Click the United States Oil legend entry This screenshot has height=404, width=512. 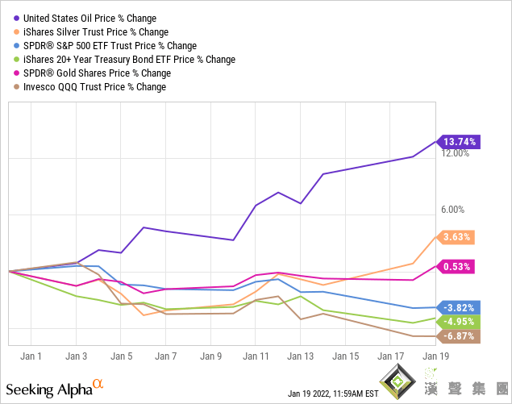click(90, 18)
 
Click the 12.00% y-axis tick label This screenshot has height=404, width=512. click(456, 153)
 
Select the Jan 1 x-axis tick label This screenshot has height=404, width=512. click(31, 356)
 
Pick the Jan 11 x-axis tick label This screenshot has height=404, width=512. click(256, 356)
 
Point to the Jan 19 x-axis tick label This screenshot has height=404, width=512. click(435, 356)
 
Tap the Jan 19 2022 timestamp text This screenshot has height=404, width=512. click(333, 394)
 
